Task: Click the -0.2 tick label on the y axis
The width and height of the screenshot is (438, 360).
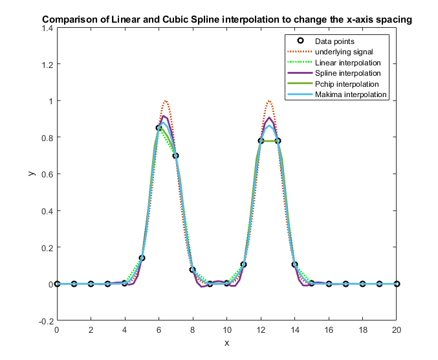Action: [45, 321]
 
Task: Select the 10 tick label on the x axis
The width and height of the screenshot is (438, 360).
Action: [226, 329]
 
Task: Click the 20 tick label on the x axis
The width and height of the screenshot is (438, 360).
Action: [397, 329]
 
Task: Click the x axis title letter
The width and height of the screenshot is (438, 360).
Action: [226, 343]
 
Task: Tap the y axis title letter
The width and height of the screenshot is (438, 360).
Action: [30, 174]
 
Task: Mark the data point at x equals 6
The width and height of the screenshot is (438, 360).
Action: [159, 128]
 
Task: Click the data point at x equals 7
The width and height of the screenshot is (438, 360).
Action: [176, 155]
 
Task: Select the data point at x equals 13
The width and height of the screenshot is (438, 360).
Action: [278, 141]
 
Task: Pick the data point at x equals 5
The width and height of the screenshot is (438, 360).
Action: [142, 258]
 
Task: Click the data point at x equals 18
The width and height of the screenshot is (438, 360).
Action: [362, 284]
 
